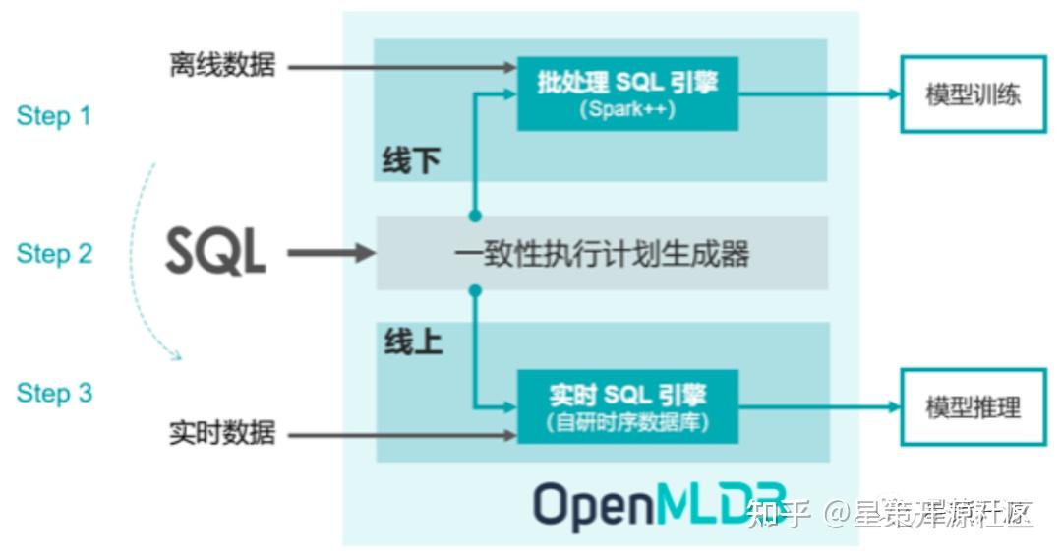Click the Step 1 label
click(x=54, y=116)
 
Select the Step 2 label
click(x=54, y=254)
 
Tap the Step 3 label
click(x=54, y=394)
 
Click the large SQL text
click(x=215, y=253)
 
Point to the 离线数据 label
click(x=222, y=67)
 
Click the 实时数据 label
click(x=222, y=433)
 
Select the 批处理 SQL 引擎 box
click(x=627, y=93)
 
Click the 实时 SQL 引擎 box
click(x=627, y=406)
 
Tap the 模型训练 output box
click(x=973, y=94)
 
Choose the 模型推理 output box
click(x=973, y=407)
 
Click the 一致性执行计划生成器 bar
click(x=602, y=255)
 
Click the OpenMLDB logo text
click(x=660, y=504)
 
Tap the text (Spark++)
click(x=627, y=110)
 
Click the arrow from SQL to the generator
click(x=330, y=254)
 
